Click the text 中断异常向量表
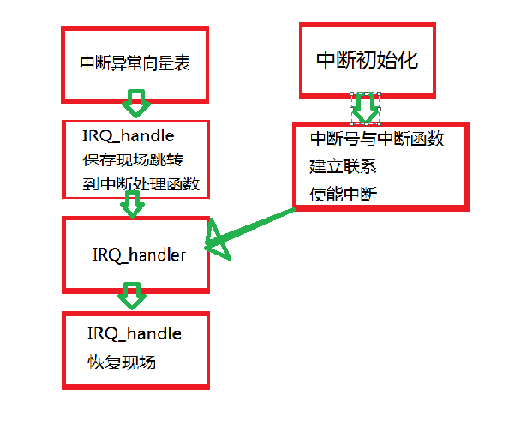[135, 63]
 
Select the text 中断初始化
[367, 60]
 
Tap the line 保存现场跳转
[133, 159]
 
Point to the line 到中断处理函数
[141, 184]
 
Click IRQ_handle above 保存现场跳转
[129, 135]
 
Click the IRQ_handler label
[140, 255]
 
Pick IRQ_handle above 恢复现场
[134, 334]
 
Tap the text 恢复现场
[122, 363]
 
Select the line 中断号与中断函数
[377, 139]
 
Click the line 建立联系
[343, 166]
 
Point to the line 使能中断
[344, 195]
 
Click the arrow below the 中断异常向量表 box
[136, 104]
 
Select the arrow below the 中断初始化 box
[365, 109]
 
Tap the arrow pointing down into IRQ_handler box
[133, 204]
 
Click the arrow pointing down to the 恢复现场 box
[132, 296]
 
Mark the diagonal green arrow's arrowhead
[217, 240]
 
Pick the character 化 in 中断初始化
[409, 60]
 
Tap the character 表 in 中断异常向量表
[183, 63]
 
